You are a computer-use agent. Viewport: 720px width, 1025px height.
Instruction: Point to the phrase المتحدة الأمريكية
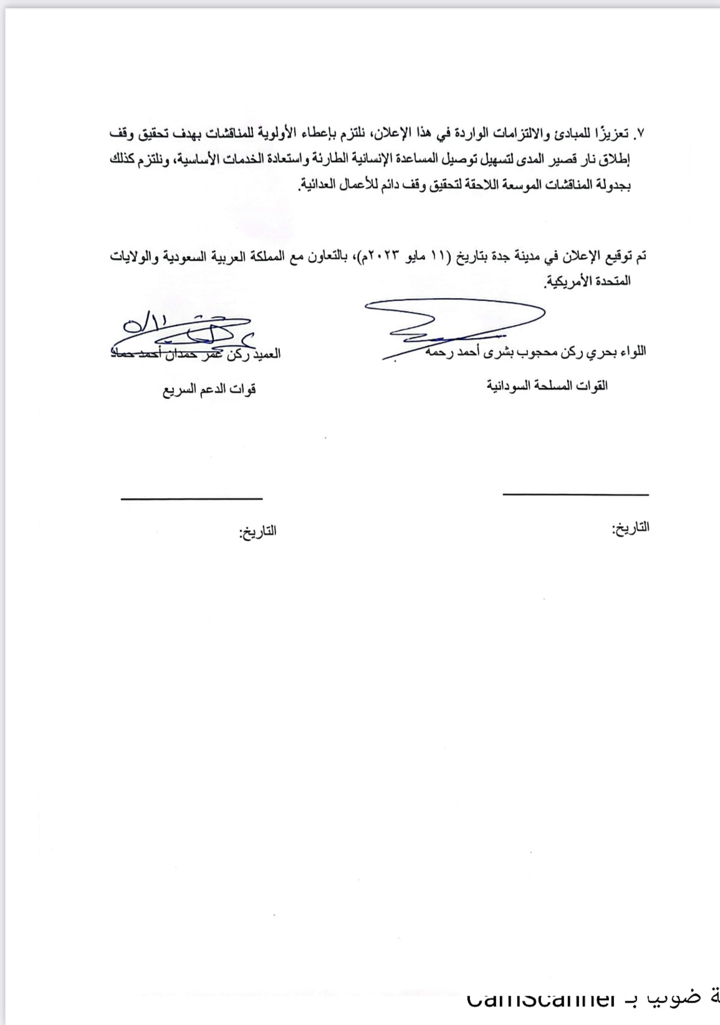587,281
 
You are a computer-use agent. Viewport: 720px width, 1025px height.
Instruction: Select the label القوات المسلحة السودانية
547,386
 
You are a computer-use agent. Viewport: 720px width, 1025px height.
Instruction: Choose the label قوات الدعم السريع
209,391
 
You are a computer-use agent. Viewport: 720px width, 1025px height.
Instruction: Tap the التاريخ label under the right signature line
630,528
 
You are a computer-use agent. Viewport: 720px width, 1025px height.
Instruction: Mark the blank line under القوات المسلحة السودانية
575,494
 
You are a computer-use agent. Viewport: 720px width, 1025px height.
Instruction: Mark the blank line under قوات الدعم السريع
191,498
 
